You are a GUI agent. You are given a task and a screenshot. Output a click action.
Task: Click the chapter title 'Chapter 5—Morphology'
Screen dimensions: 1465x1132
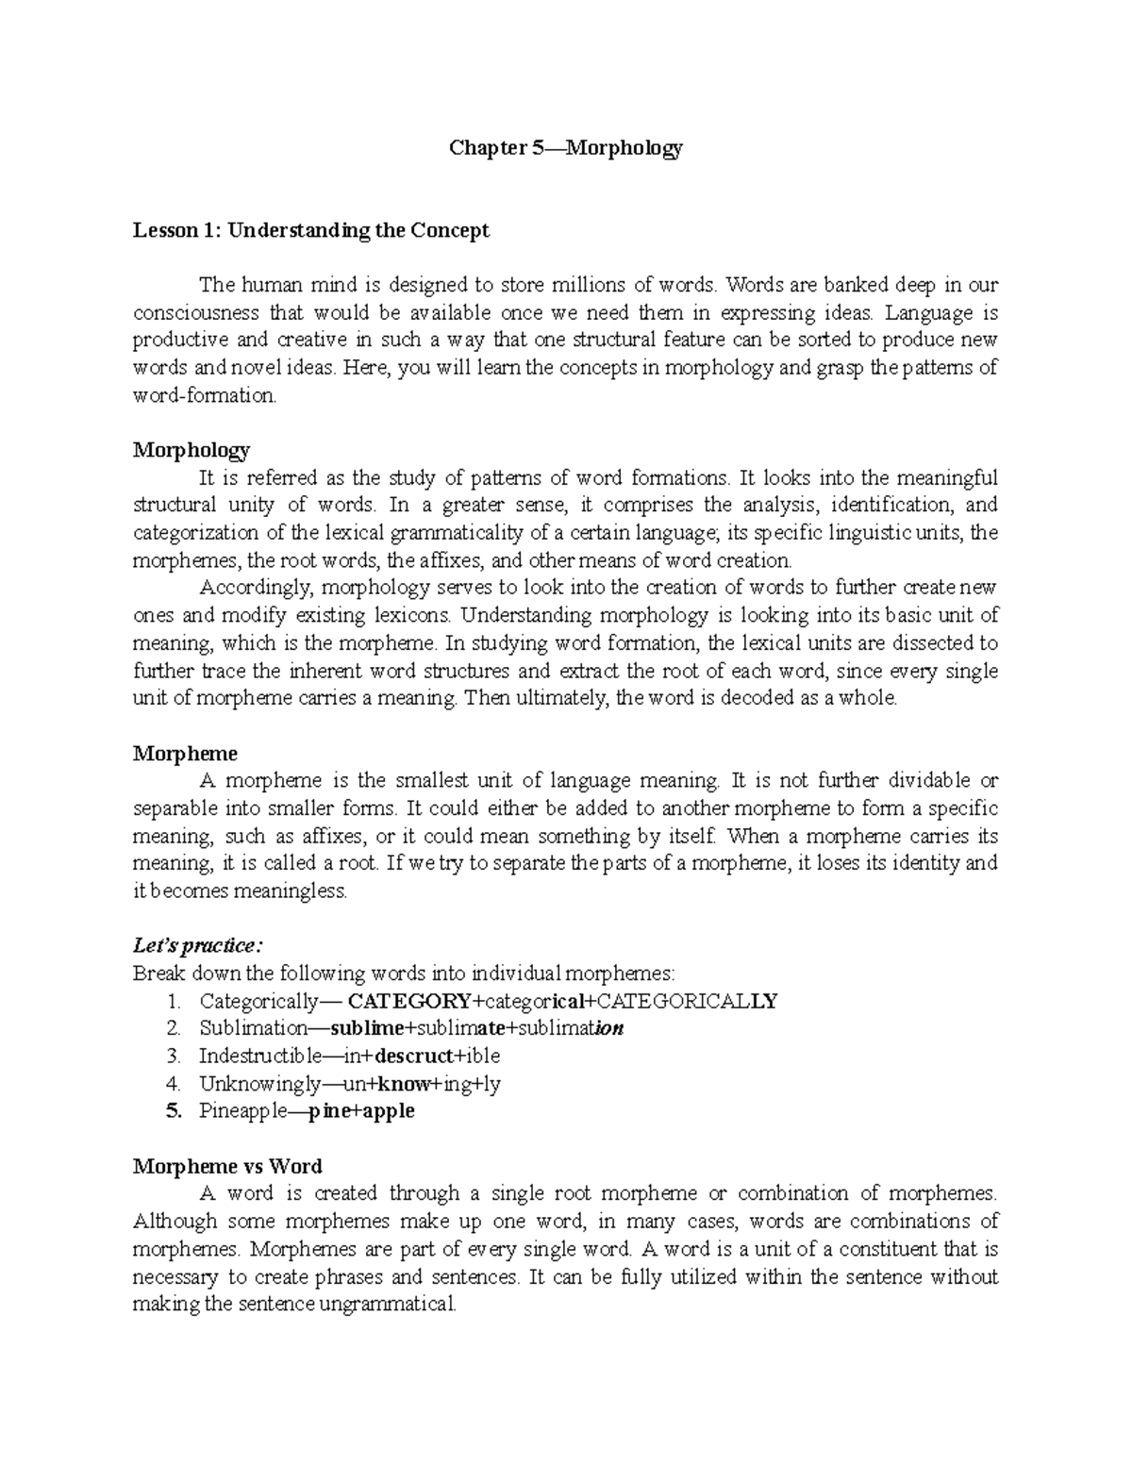565,148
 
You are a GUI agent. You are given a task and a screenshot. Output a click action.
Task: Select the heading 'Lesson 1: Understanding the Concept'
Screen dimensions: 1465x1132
311,231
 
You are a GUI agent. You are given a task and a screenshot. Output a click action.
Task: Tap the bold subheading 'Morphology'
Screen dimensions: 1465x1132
191,450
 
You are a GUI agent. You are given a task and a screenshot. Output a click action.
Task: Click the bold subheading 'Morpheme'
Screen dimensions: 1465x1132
185,754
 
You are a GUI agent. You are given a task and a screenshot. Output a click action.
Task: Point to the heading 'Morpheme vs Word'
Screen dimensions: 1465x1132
227,1166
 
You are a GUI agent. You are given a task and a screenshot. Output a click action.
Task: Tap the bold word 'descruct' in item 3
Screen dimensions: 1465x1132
415,1056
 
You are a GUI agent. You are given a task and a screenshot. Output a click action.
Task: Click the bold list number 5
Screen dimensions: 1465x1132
172,1111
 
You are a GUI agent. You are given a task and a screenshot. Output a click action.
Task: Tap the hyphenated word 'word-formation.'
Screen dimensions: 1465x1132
206,396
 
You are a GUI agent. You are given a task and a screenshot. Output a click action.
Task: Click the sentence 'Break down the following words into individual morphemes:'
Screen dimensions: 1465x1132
404,974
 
